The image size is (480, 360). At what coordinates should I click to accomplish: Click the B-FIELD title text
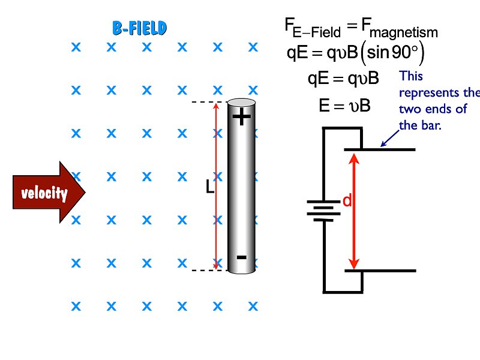[139, 28]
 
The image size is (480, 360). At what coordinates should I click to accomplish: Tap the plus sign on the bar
[241, 117]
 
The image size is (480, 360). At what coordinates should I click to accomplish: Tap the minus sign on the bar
[241, 257]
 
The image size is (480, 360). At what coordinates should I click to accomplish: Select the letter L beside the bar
[209, 188]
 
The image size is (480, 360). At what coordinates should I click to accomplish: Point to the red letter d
[346, 202]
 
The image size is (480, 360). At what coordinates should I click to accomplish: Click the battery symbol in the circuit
[323, 210]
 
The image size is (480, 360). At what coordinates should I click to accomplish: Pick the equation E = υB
[344, 106]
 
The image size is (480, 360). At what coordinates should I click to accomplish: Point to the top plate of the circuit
[380, 149]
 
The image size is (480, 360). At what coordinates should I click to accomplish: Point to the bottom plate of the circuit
[380, 271]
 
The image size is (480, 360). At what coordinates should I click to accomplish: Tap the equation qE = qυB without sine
[343, 79]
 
